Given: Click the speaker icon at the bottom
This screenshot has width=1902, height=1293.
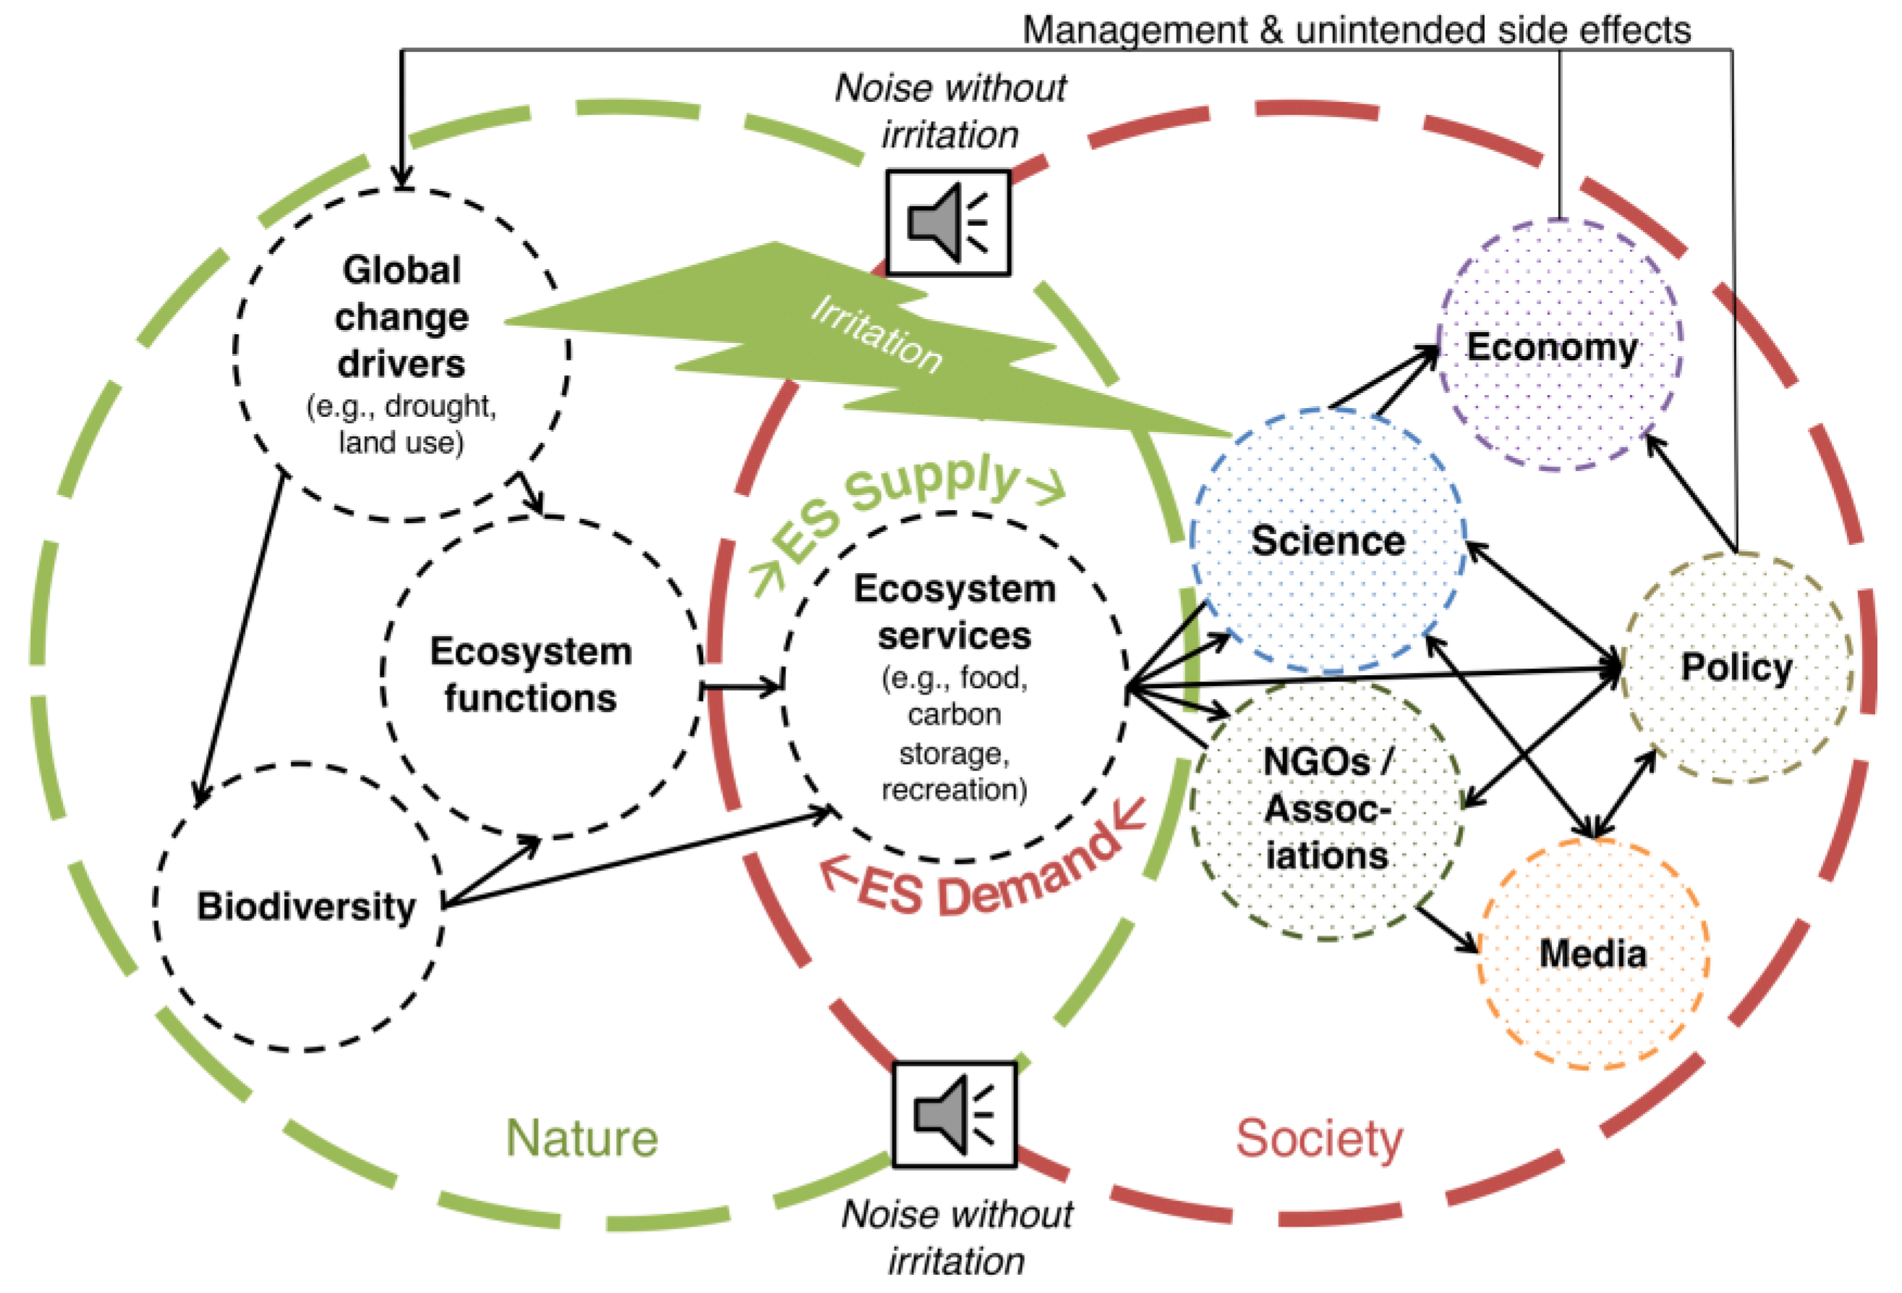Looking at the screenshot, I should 953,1114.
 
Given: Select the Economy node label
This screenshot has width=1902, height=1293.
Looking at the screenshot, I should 1552,347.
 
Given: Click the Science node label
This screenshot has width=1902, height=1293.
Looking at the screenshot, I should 1328,541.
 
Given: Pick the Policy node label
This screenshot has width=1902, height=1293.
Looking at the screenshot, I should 1736,667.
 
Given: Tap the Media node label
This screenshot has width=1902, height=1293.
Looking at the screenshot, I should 1592,954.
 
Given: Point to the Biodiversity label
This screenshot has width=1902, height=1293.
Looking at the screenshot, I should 306,907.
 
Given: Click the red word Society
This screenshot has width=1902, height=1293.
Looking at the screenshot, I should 1318,1138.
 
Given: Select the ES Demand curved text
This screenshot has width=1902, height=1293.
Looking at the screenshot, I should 982,872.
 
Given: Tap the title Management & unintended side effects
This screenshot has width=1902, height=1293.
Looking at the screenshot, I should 1356,30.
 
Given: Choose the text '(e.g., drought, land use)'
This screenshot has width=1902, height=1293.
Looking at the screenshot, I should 401,423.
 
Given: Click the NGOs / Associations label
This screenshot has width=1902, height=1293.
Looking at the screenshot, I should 1326,809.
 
